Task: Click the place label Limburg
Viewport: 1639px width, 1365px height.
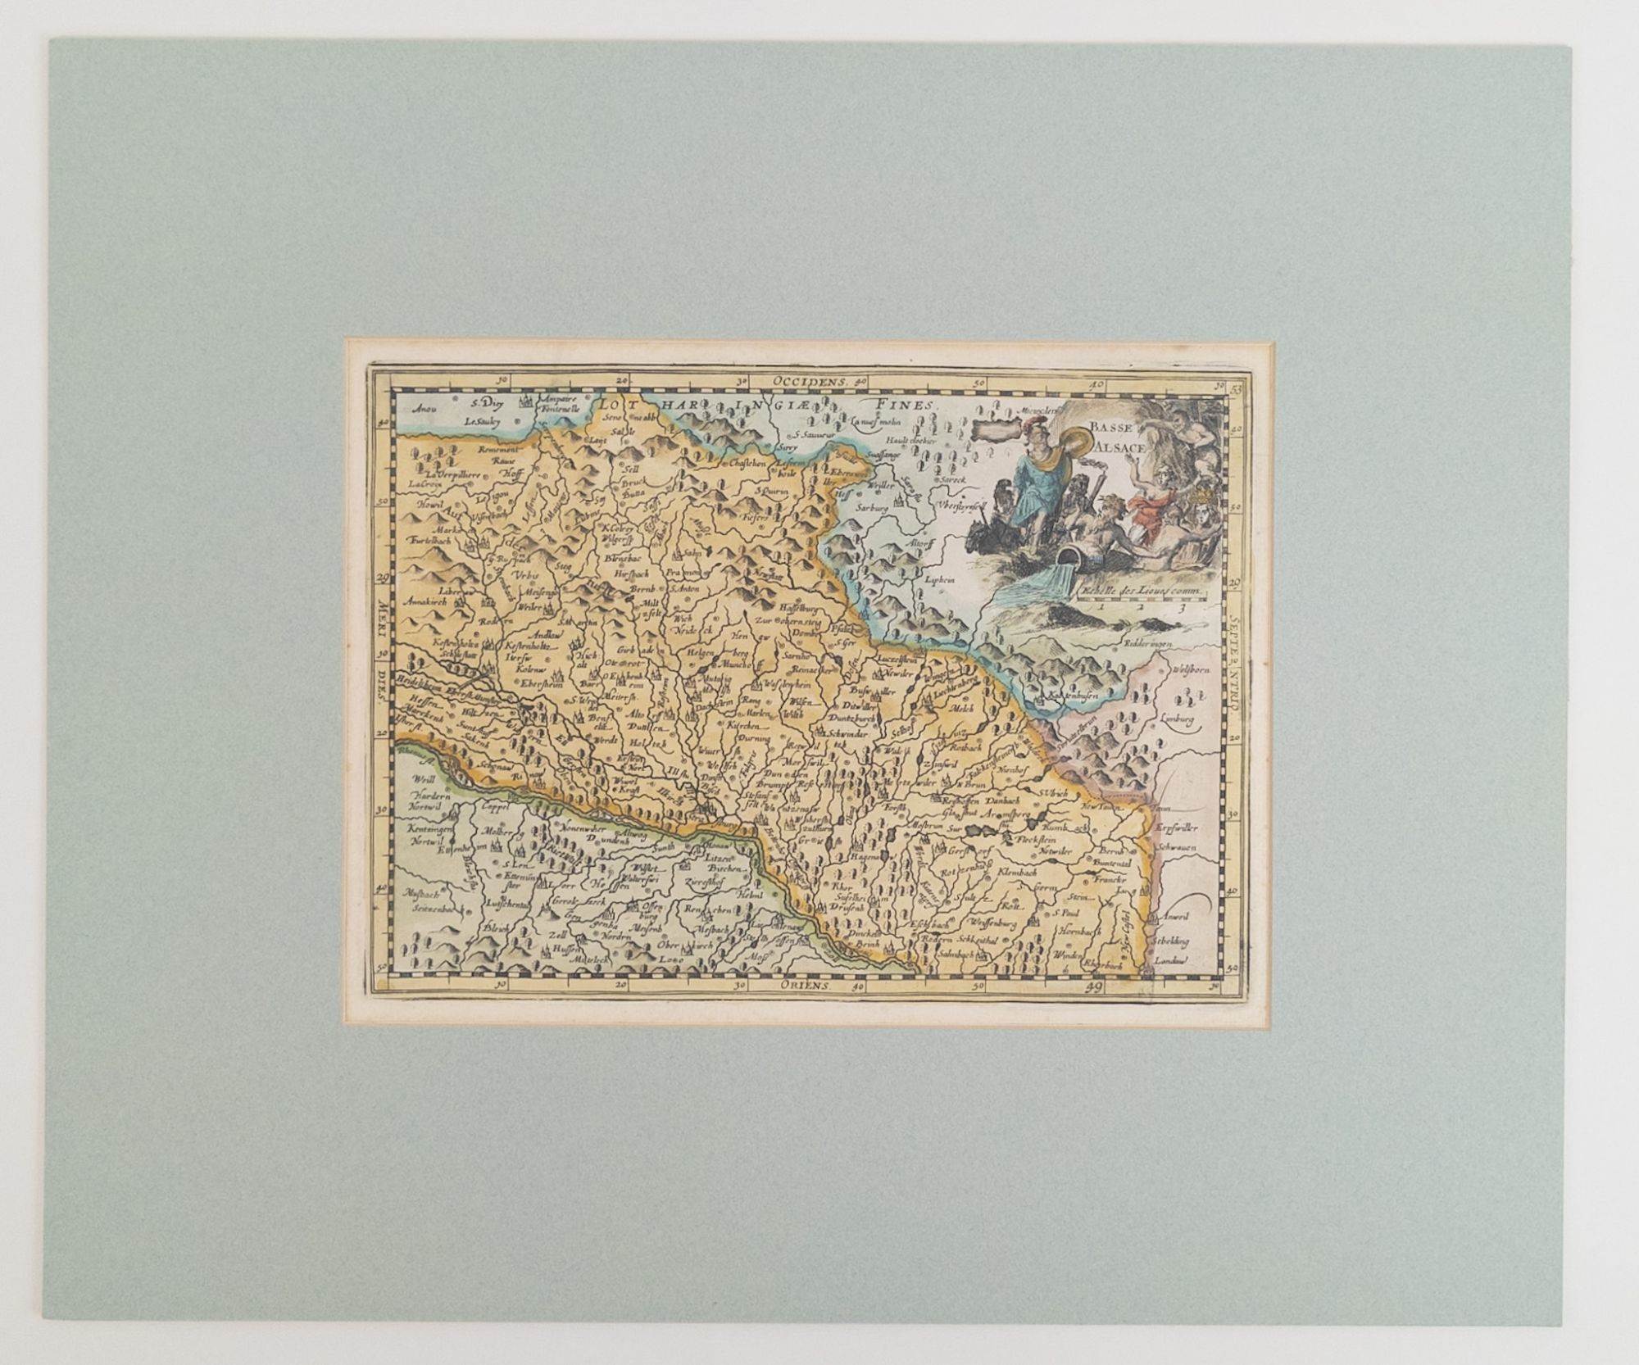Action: (1179, 719)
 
